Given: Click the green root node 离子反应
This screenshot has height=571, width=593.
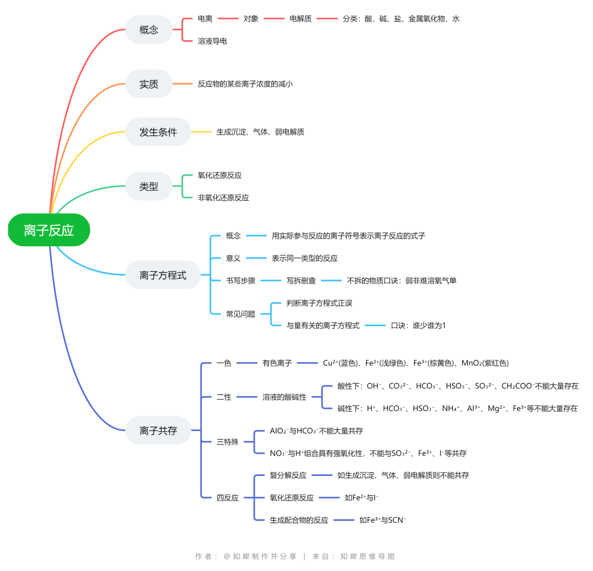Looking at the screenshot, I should pyautogui.click(x=49, y=230).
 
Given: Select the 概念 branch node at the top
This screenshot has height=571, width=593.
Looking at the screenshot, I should pyautogui.click(x=149, y=30).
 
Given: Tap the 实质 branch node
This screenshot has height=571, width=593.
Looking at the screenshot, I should pyautogui.click(x=149, y=84).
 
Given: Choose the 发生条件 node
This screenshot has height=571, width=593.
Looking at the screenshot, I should pyautogui.click(x=158, y=132).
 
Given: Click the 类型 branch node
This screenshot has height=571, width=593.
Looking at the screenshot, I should pyautogui.click(x=149, y=187).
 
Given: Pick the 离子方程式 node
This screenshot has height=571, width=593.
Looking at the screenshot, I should pyautogui.click(x=163, y=275).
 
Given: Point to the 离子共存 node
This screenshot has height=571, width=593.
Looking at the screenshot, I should pyautogui.click(x=158, y=431).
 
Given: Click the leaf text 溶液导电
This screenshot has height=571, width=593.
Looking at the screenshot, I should pyautogui.click(x=212, y=41).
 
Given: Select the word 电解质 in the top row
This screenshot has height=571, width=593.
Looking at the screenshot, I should pyautogui.click(x=300, y=19).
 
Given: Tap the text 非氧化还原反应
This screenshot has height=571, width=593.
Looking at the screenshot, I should pyautogui.click(x=223, y=198).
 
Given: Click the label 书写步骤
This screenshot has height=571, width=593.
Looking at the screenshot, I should pyautogui.click(x=241, y=281).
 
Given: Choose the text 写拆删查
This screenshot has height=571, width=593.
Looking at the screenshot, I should pyautogui.click(x=301, y=281).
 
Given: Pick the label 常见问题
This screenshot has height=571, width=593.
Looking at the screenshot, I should pyautogui.click(x=241, y=314).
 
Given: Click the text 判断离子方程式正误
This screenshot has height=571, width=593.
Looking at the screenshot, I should pyautogui.click(x=319, y=303).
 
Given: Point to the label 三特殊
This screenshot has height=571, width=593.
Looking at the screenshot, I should pyautogui.click(x=227, y=442).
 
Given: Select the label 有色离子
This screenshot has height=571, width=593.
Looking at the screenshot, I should pyautogui.click(x=277, y=363).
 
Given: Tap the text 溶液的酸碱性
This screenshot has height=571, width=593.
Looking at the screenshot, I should pyautogui.click(x=284, y=397).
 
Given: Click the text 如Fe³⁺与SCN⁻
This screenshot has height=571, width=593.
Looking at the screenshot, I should pyautogui.click(x=383, y=520).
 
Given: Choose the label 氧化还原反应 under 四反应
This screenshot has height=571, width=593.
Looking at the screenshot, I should pyautogui.click(x=292, y=498).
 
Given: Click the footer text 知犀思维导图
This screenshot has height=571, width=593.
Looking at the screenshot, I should pyautogui.click(x=368, y=556).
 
